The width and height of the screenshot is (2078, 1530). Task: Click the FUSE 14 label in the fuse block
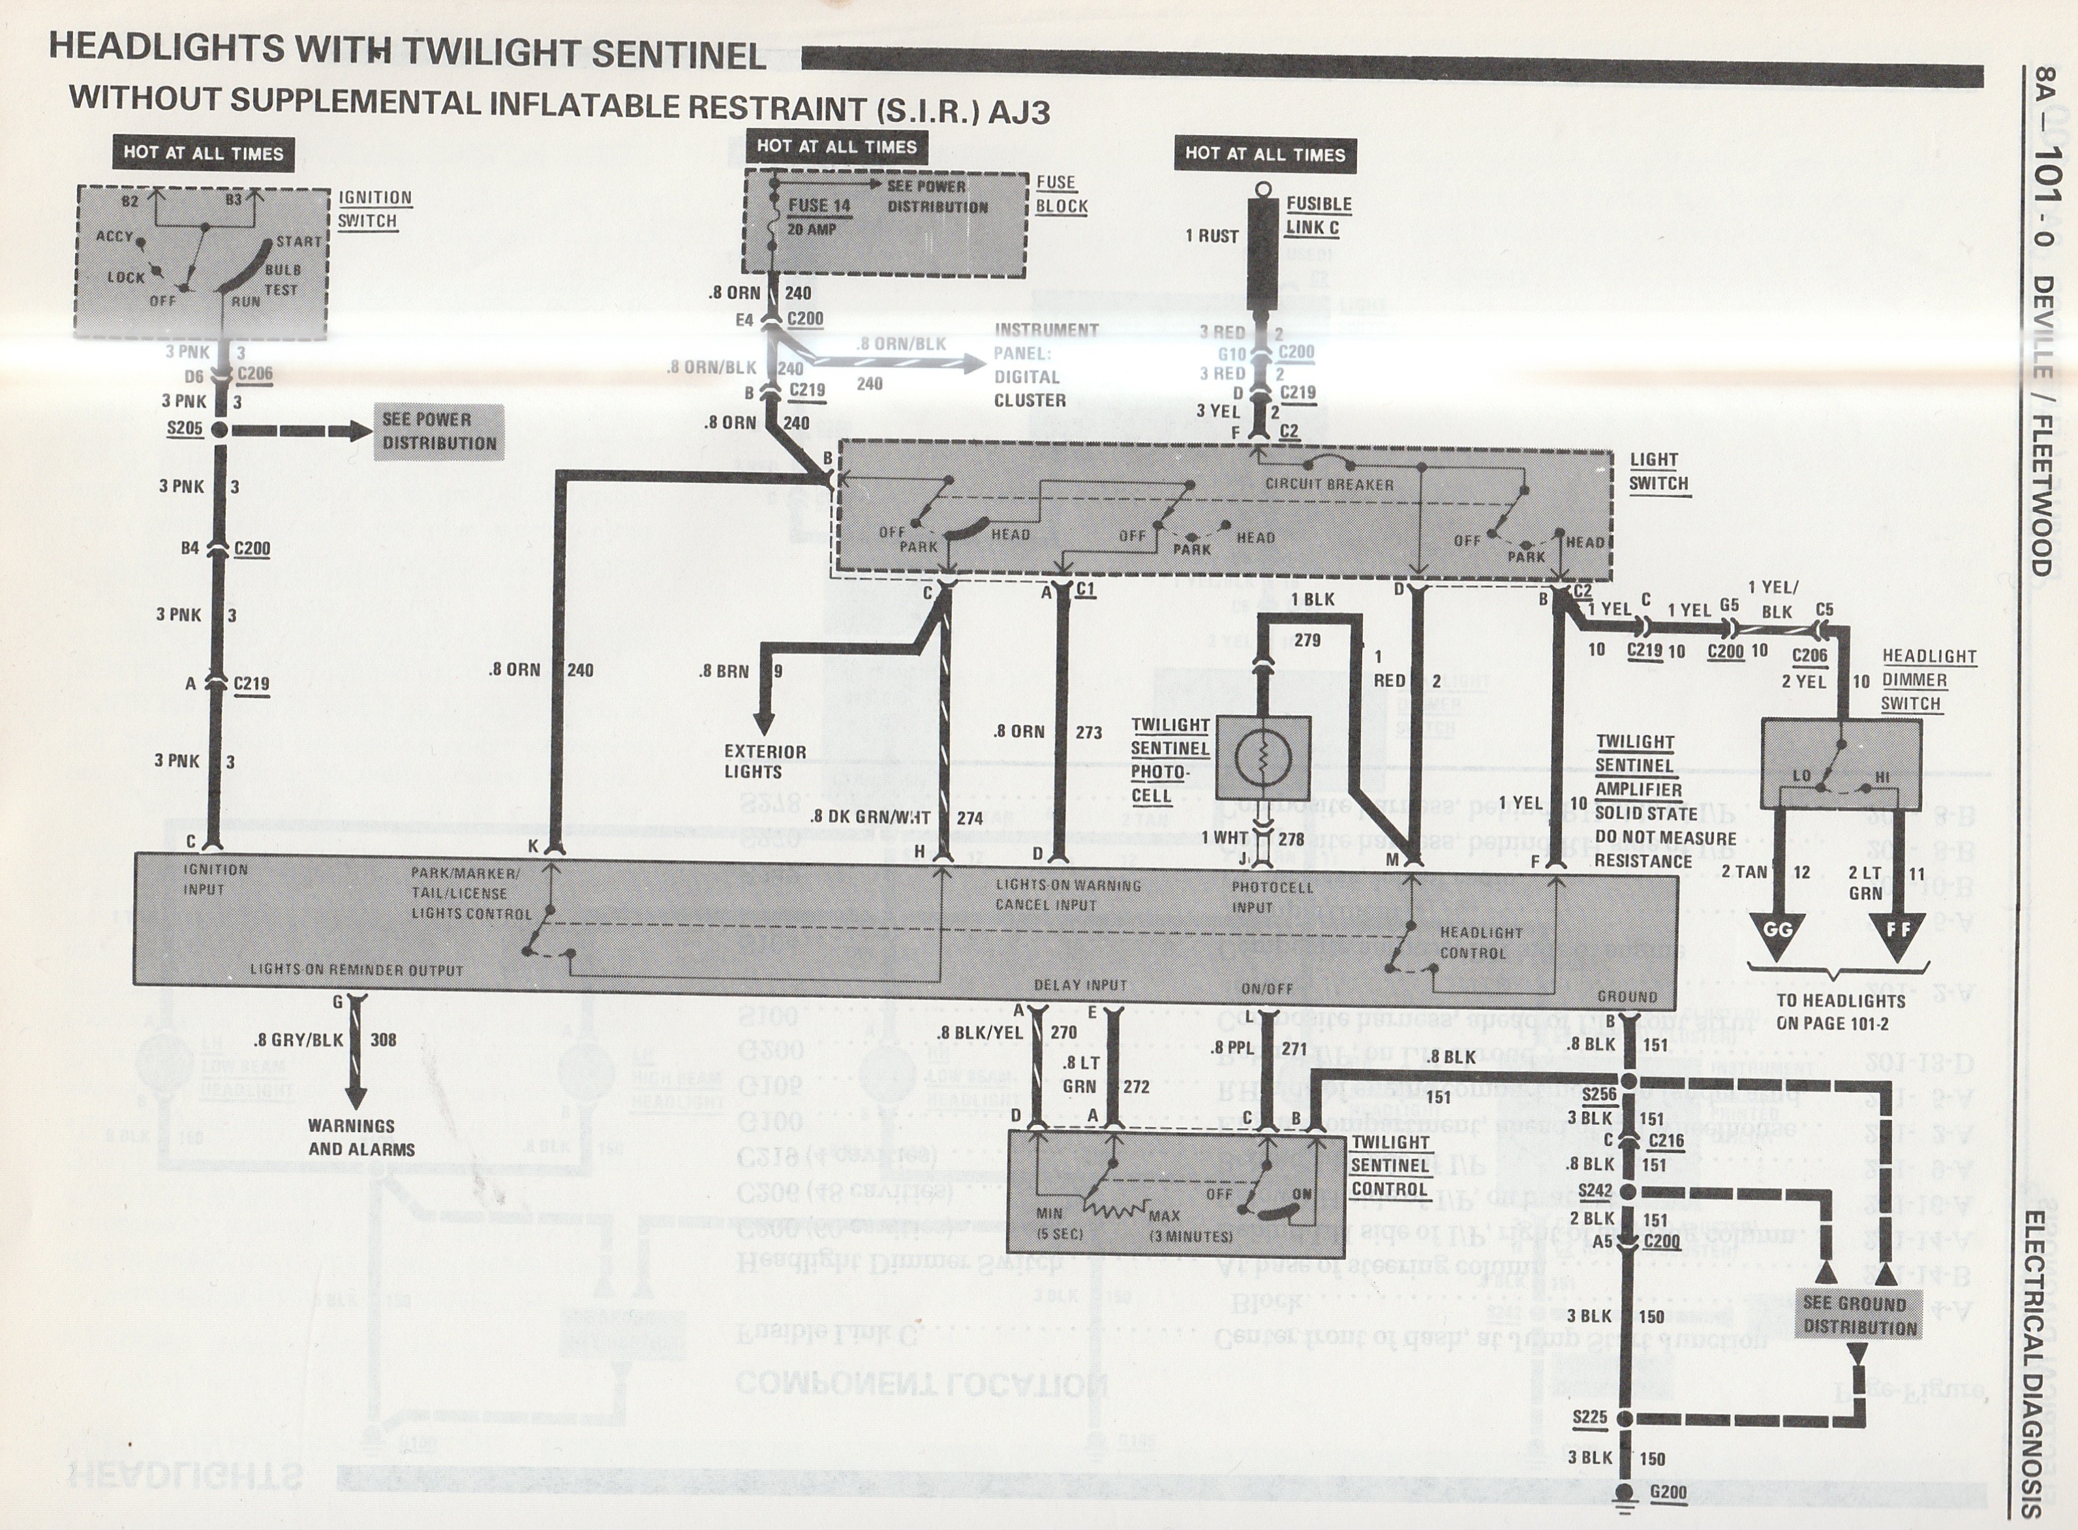click(819, 205)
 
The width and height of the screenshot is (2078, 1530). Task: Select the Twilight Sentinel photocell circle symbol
click(1261, 759)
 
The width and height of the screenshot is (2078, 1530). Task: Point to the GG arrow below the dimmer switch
click(1778, 928)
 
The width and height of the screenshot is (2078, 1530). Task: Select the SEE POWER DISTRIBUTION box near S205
click(439, 431)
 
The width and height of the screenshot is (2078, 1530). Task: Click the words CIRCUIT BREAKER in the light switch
click(1329, 483)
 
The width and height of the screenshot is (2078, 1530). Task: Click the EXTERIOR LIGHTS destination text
click(765, 761)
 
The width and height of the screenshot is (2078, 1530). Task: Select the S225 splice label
click(1589, 1417)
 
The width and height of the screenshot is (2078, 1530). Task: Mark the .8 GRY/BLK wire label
click(298, 1040)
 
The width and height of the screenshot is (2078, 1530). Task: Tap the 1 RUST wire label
click(1211, 236)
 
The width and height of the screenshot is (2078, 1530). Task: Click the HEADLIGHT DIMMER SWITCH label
click(1928, 680)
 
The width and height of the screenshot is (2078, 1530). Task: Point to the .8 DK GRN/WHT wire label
click(870, 818)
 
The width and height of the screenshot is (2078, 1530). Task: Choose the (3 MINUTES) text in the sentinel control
click(1190, 1236)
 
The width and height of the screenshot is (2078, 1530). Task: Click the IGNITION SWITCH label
click(373, 209)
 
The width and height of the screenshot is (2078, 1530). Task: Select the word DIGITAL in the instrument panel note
click(1026, 377)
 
